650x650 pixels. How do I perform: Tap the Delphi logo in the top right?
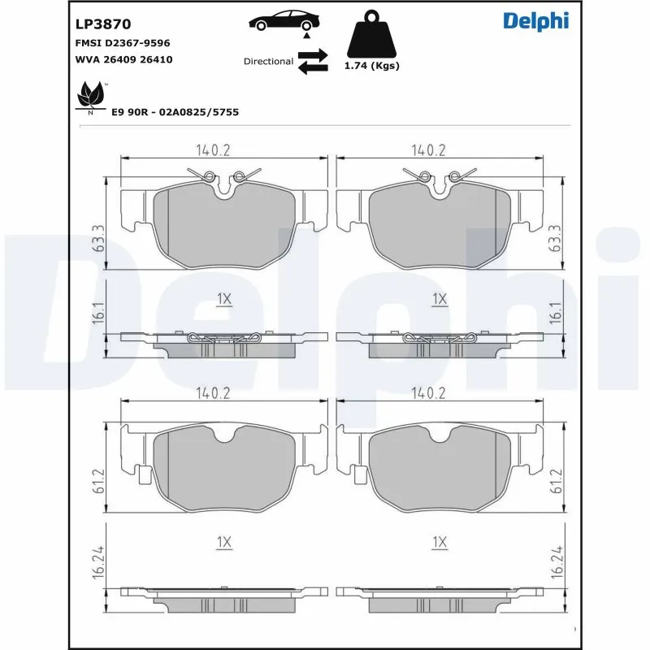point(535,21)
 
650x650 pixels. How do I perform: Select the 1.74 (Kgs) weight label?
point(373,66)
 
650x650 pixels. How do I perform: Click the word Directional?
point(268,61)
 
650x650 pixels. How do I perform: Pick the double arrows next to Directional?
point(313,61)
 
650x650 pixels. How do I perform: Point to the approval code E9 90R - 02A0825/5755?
point(174,113)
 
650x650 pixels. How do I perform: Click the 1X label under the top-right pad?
point(440,300)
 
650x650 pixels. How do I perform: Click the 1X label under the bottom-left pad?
point(225,541)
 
